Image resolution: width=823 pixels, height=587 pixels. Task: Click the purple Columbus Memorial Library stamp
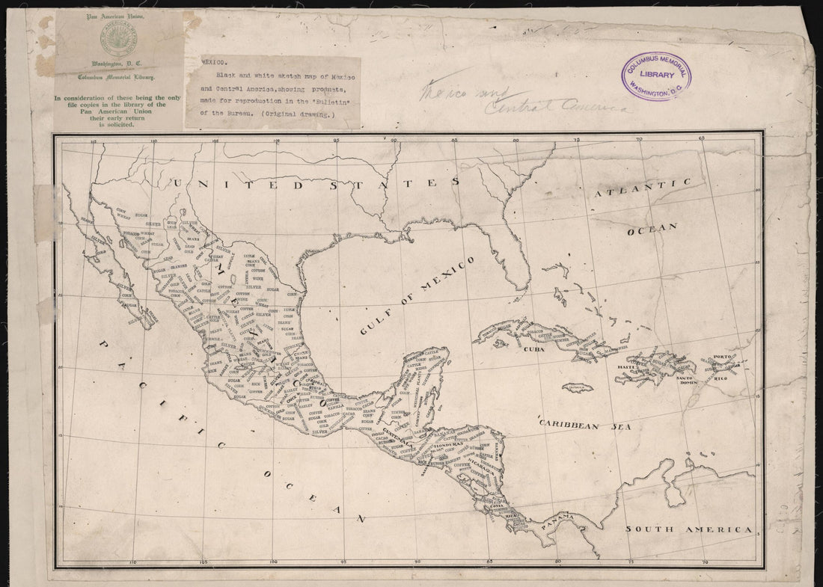[656, 76]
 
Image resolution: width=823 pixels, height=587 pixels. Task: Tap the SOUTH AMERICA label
[688, 529]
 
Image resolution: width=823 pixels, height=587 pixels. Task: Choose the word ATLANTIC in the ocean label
[643, 188]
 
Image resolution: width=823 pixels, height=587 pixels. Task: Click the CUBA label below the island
[533, 349]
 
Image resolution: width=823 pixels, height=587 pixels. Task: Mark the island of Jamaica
[578, 387]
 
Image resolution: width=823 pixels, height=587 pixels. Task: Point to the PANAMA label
[557, 517]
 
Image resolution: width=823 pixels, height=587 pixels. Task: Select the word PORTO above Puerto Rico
[721, 357]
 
